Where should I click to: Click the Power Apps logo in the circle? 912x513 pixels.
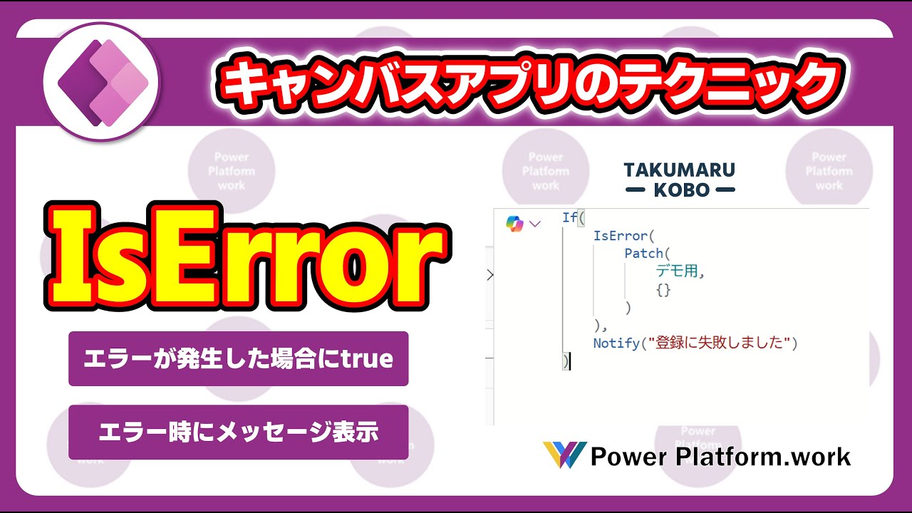point(103,83)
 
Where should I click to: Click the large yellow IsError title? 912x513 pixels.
point(247,257)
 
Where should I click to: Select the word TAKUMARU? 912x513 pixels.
point(679,170)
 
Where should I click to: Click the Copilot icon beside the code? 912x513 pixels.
point(514,224)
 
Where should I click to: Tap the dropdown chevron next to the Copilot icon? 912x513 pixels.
point(534,224)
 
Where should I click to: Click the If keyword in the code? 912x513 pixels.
point(569,217)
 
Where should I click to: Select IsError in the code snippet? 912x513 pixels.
point(620,236)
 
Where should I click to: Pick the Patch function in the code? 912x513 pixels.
point(643,253)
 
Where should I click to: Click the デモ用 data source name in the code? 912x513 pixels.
point(677,271)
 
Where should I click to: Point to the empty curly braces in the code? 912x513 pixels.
point(663,290)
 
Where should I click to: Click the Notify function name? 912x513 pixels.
point(616,343)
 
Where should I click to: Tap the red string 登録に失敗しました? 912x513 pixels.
point(720,343)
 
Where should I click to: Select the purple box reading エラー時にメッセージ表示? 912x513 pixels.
point(238,432)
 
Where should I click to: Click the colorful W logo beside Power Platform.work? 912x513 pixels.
point(565,455)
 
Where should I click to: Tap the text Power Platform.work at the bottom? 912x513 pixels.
point(720,457)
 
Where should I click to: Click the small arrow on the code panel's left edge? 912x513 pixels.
point(490,275)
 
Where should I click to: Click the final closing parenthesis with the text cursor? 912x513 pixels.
point(566,361)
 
